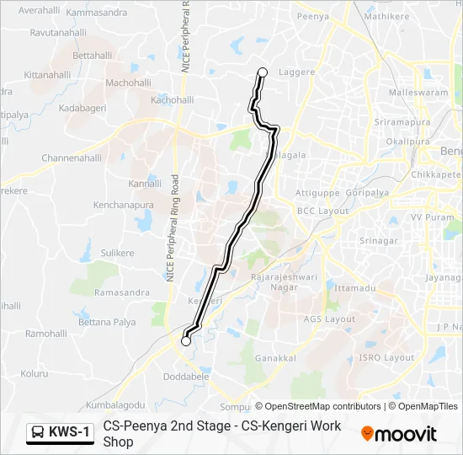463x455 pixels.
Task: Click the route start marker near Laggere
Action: [x=262, y=72]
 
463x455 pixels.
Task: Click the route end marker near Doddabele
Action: [x=186, y=341]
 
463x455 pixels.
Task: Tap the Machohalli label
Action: [x=128, y=83]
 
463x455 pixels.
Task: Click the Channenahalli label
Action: [x=72, y=158]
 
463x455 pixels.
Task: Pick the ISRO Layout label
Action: [x=387, y=357]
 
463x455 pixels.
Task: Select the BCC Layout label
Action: [x=322, y=211]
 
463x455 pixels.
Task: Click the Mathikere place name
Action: [x=386, y=16]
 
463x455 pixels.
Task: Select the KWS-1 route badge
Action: [x=60, y=432]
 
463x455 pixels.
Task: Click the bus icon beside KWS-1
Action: [x=38, y=432]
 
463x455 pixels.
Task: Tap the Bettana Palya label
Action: [x=107, y=323]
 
